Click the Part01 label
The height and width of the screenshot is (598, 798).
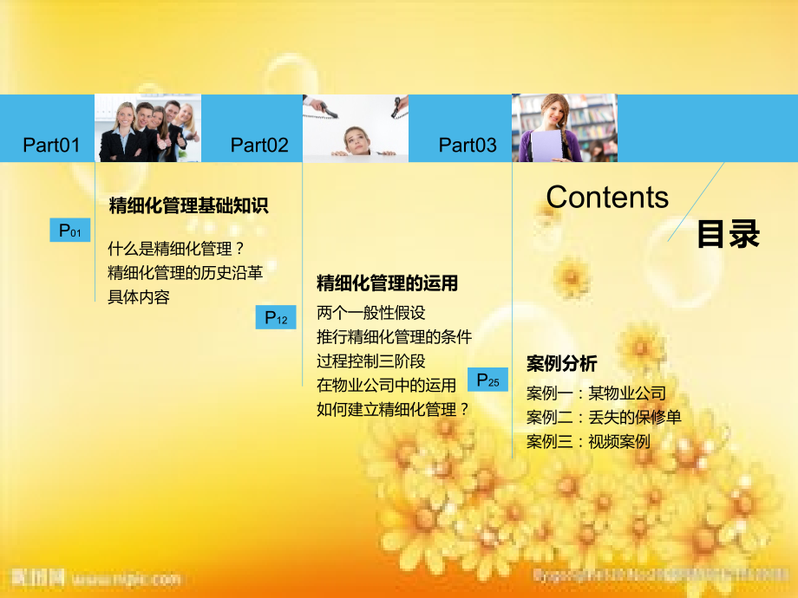[51, 145]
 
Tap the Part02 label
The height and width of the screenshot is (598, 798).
[259, 145]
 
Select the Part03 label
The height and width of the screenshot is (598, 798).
[468, 145]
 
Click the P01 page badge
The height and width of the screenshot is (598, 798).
[69, 231]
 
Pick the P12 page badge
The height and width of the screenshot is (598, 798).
[277, 318]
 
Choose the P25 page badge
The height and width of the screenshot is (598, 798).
[488, 380]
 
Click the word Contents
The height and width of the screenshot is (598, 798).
[607, 198]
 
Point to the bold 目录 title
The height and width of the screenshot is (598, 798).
[728, 234]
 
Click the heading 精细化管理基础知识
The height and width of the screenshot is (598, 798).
[188, 205]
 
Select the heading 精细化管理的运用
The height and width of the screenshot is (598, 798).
[387, 283]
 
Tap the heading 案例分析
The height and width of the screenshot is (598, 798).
[561, 364]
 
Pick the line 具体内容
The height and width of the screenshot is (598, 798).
[139, 297]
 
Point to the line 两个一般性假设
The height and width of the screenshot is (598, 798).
[370, 312]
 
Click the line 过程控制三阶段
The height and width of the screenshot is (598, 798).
[370, 361]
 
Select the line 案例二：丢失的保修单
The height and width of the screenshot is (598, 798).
[603, 418]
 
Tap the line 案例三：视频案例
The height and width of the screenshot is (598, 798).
[587, 442]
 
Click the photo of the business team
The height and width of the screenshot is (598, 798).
[147, 128]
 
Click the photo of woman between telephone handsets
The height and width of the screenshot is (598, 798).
[355, 128]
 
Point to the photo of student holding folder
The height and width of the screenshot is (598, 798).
[564, 128]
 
